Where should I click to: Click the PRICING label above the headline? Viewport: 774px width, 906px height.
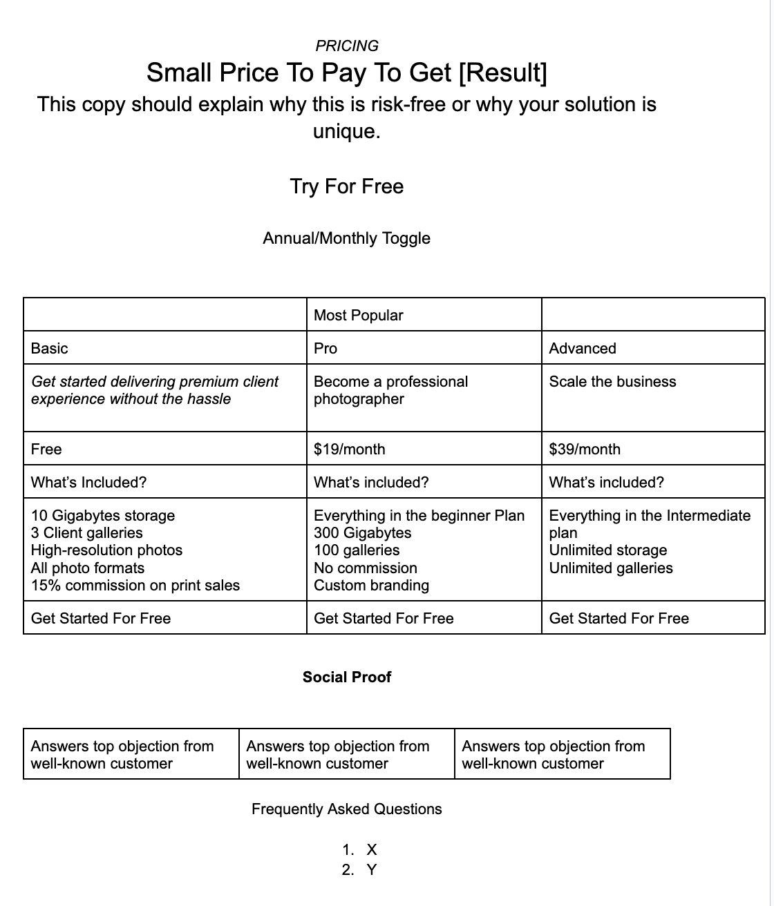pyautogui.click(x=346, y=46)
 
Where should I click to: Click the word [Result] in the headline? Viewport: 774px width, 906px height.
pyautogui.click(x=502, y=73)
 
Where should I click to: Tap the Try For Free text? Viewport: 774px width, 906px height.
pyautogui.click(x=346, y=186)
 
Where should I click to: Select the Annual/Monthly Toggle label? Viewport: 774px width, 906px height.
pyautogui.click(x=346, y=238)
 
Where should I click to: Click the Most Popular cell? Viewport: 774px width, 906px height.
pyautogui.click(x=358, y=316)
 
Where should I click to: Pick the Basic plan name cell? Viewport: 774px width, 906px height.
pyautogui.click(x=50, y=348)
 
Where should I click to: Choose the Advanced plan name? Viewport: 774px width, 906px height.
pyautogui.click(x=582, y=348)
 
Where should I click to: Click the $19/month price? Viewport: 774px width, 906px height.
pyautogui.click(x=349, y=449)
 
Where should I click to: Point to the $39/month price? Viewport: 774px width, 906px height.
pyautogui.click(x=585, y=449)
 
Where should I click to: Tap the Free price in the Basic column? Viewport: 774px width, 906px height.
pyautogui.click(x=46, y=449)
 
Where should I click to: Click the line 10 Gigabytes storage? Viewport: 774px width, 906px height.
pyautogui.click(x=103, y=515)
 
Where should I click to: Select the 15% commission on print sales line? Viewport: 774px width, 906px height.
pyautogui.click(x=135, y=586)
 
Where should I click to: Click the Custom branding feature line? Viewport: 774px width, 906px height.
pyautogui.click(x=371, y=586)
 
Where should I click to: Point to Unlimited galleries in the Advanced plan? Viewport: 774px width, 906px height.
pyautogui.click(x=611, y=568)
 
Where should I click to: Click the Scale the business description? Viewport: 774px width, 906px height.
pyautogui.click(x=612, y=381)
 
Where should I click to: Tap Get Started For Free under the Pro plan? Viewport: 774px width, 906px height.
pyautogui.click(x=384, y=618)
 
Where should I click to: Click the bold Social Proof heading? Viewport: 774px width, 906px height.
pyautogui.click(x=346, y=677)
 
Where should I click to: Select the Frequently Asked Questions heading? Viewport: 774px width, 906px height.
pyautogui.click(x=346, y=809)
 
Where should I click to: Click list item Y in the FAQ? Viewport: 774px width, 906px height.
pyautogui.click(x=372, y=869)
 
